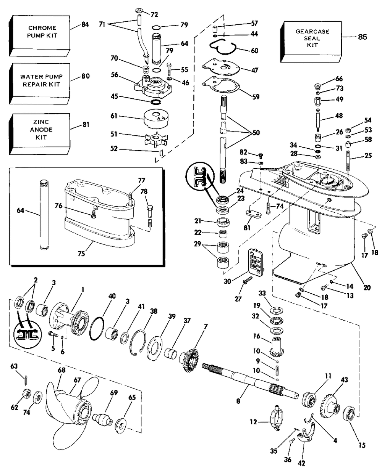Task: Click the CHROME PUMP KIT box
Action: (x=41, y=32)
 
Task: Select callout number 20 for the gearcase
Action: (x=367, y=288)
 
